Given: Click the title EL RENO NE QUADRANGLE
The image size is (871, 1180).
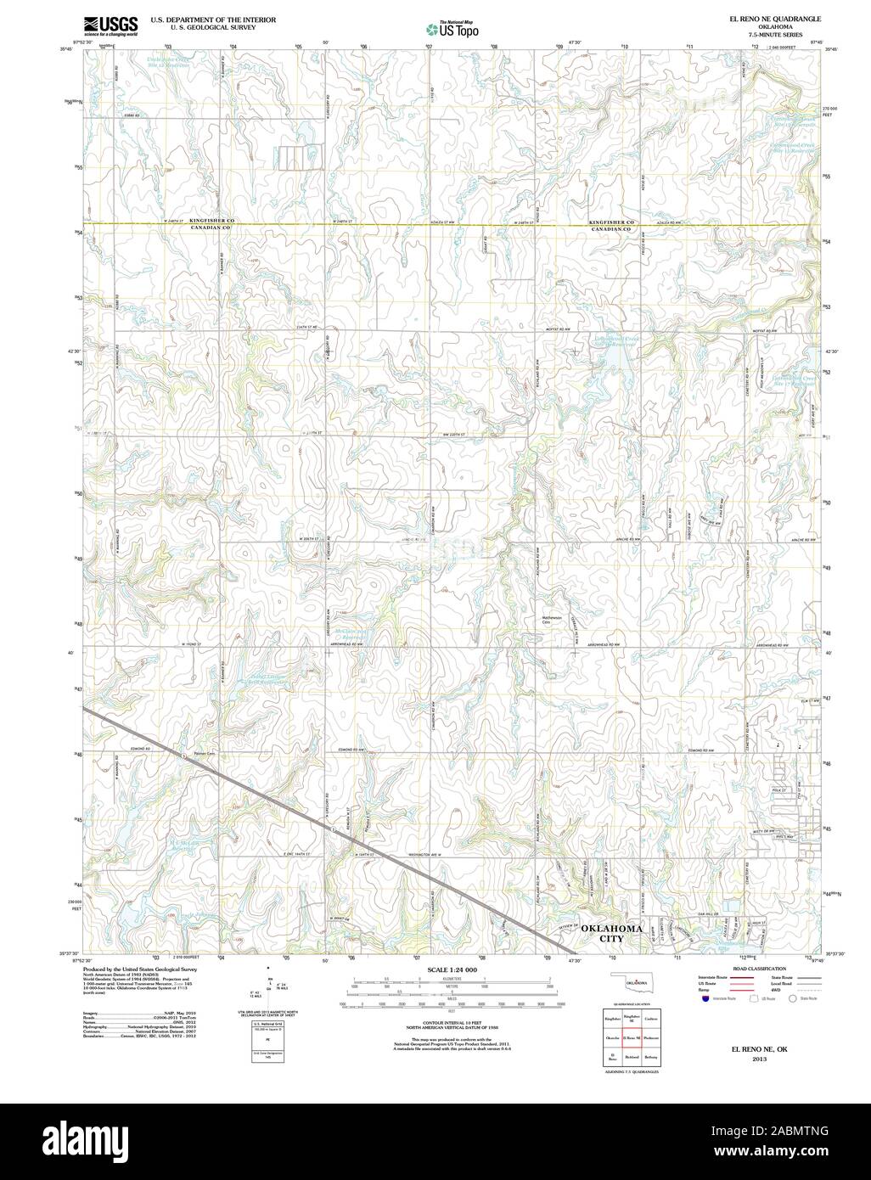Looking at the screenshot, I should pyautogui.click(x=764, y=18).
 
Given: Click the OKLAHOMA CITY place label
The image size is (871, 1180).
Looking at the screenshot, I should pyautogui.click(x=610, y=934).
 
